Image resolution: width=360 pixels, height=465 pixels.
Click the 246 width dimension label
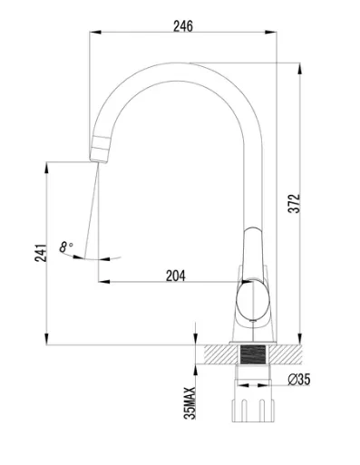click(x=183, y=26)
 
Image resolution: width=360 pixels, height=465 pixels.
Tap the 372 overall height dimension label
click(x=294, y=203)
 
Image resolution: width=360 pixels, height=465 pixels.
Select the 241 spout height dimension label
click(x=41, y=253)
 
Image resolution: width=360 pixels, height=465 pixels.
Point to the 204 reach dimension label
click(x=176, y=276)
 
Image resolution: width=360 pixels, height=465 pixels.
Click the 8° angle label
click(x=65, y=247)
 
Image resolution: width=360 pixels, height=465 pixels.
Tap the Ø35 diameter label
click(x=299, y=380)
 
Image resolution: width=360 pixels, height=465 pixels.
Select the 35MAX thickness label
click(x=190, y=403)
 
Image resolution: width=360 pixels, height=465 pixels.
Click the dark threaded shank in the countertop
click(x=253, y=354)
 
